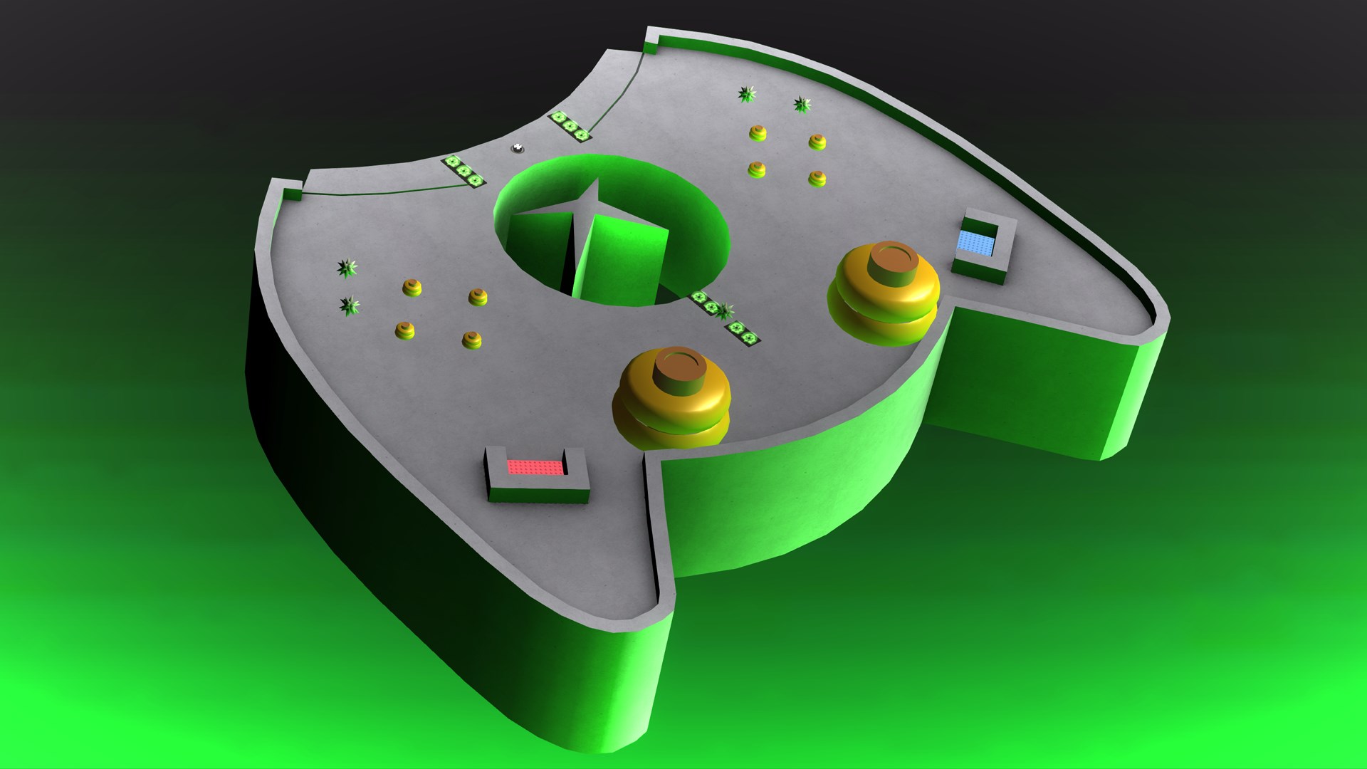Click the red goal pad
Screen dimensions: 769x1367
(536, 467)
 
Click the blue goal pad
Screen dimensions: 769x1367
(975, 243)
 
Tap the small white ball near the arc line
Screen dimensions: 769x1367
(518, 148)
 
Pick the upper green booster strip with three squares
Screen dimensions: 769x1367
(570, 126)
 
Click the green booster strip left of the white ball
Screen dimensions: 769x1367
(463, 172)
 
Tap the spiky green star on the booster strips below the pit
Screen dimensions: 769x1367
(724, 310)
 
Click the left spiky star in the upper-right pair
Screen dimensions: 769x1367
(747, 94)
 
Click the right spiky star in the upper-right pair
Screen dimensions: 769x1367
(802, 105)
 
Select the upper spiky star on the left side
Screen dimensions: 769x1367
(347, 268)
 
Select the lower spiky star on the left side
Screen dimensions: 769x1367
(349, 306)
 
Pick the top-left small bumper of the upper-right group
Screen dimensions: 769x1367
(758, 132)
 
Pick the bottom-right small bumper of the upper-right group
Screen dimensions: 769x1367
(817, 178)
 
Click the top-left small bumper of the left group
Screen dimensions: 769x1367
(412, 288)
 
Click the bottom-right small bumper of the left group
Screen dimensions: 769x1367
(471, 340)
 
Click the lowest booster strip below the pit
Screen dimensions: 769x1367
(744, 333)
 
